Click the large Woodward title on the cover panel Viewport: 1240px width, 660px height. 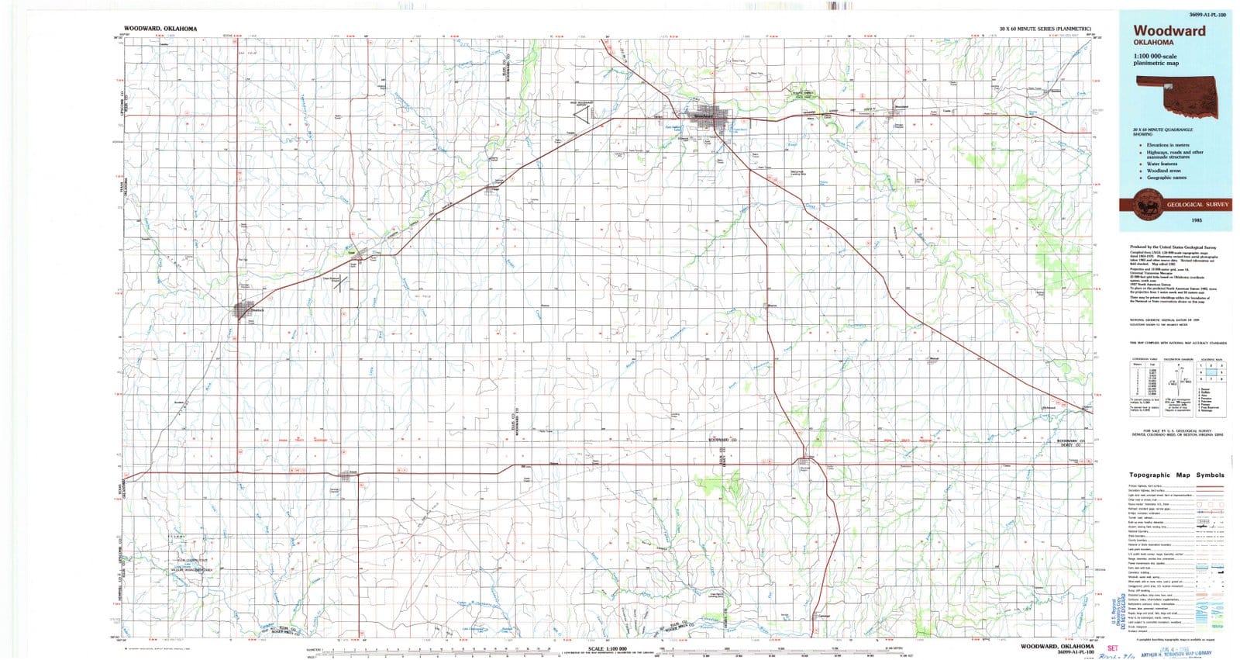pos(1169,31)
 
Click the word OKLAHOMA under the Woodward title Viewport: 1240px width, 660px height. pos(1152,43)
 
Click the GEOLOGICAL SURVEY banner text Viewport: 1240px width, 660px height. pos(1197,205)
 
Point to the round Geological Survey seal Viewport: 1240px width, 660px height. pos(1145,206)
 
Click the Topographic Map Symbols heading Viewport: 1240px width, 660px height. pos(1176,475)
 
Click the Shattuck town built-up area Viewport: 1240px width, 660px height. pos(243,311)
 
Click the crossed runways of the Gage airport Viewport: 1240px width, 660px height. pos(339,282)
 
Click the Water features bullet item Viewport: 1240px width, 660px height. pos(1162,164)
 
